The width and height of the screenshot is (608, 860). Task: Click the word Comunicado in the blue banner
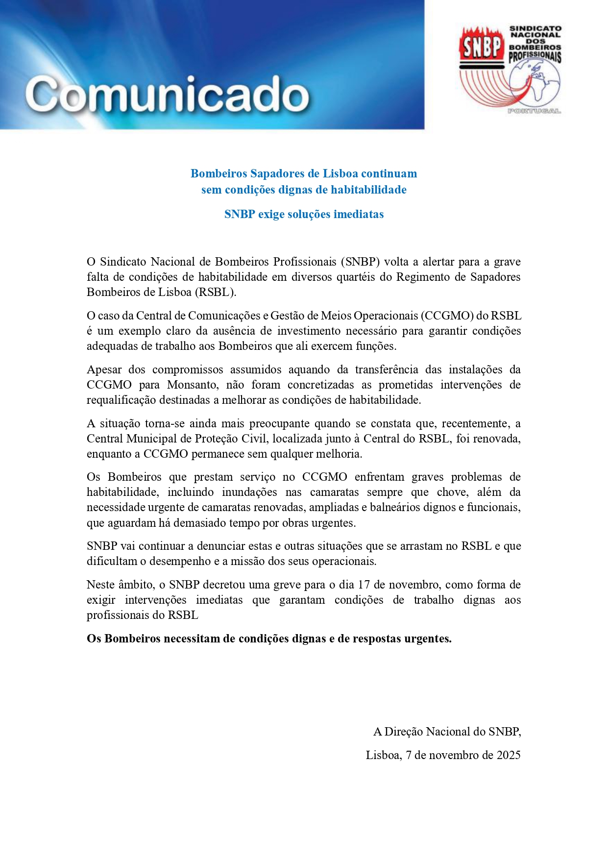167,95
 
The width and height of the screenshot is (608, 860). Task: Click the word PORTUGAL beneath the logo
534,111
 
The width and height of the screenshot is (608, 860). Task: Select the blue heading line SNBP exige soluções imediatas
304,214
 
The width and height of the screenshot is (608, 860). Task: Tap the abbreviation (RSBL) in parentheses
215,292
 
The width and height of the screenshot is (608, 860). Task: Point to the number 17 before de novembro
363,585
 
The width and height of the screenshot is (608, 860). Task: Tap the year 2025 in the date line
509,755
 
